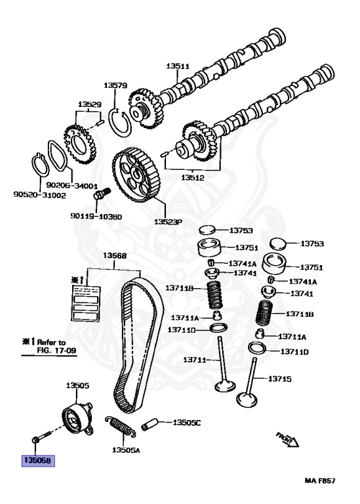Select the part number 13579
coord(115,85)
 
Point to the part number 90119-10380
coord(96,216)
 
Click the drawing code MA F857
coord(320,481)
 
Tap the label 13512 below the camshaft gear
coord(194,177)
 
